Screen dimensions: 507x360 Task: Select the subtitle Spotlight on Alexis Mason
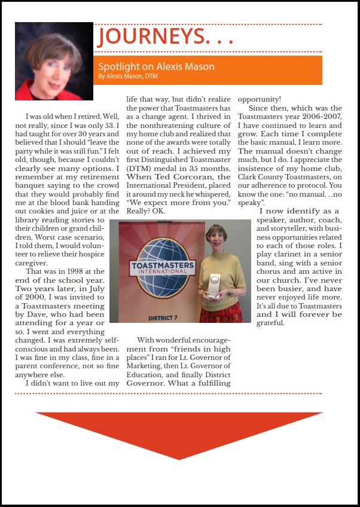156,66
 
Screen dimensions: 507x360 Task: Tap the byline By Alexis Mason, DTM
128,76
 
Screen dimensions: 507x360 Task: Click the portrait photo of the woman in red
54,61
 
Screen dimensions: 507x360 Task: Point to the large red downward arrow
180,433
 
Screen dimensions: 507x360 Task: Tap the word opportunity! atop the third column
260,99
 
